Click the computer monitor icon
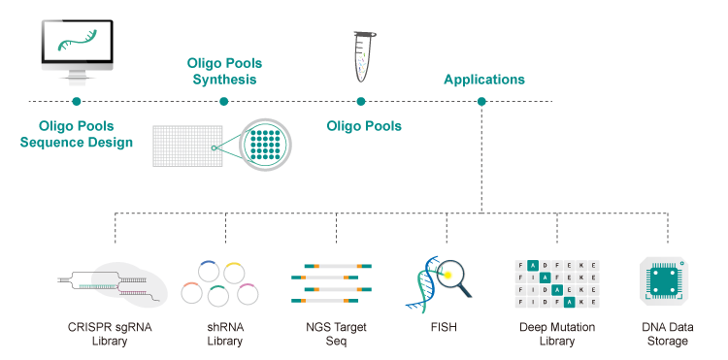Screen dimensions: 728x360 click(x=77, y=52)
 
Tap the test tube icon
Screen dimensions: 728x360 click(x=364, y=56)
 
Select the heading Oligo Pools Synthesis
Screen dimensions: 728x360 click(x=224, y=71)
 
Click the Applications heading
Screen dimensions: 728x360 click(x=484, y=80)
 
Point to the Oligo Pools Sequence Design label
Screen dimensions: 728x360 click(x=77, y=134)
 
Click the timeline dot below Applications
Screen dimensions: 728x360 click(x=481, y=101)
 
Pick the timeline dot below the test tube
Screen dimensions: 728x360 click(x=361, y=101)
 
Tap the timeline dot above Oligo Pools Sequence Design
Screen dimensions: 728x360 click(x=77, y=101)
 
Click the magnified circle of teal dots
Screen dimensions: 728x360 click(x=265, y=145)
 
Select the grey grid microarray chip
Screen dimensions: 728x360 click(x=188, y=146)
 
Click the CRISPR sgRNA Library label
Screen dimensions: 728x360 click(x=110, y=334)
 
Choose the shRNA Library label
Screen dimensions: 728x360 click(x=225, y=334)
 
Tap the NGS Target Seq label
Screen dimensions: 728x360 click(x=336, y=334)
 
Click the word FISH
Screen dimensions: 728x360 click(x=444, y=327)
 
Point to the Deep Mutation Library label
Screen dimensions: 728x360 click(x=557, y=334)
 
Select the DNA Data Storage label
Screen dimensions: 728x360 click(x=668, y=334)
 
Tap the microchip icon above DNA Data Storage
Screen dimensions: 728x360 click(x=664, y=281)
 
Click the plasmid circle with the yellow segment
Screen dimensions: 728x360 click(x=234, y=273)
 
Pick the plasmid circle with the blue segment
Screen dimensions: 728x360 click(x=209, y=270)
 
